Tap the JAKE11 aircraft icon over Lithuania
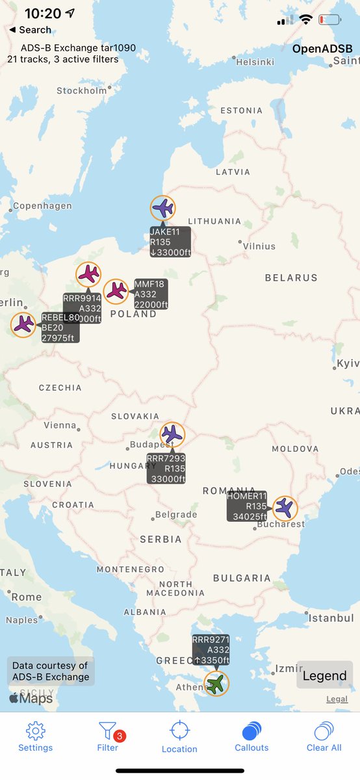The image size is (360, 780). click(162, 208)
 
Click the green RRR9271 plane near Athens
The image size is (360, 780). click(216, 684)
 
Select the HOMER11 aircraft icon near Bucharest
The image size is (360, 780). click(284, 508)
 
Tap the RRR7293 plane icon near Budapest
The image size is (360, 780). click(172, 434)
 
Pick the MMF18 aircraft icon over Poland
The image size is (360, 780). click(116, 291)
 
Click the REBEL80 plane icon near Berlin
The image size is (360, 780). click(23, 324)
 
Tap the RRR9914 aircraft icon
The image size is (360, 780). click(88, 274)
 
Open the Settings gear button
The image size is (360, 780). click(35, 736)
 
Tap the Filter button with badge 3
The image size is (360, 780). click(108, 736)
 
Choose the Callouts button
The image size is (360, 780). click(251, 736)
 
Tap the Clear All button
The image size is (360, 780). click(324, 736)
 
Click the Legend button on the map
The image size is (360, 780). click(324, 675)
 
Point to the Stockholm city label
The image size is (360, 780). click(82, 91)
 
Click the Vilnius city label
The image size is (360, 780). click(259, 246)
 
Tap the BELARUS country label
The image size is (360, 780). click(291, 278)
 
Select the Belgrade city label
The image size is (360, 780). click(175, 515)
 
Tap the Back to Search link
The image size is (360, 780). click(30, 30)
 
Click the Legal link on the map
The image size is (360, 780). click(337, 699)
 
